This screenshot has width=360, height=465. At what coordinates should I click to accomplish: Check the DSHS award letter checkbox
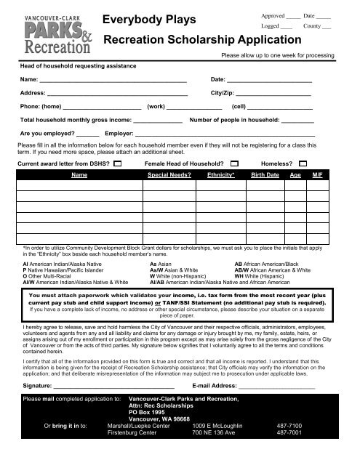coord(119,164)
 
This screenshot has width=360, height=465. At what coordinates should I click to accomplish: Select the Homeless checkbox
coord(304,164)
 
